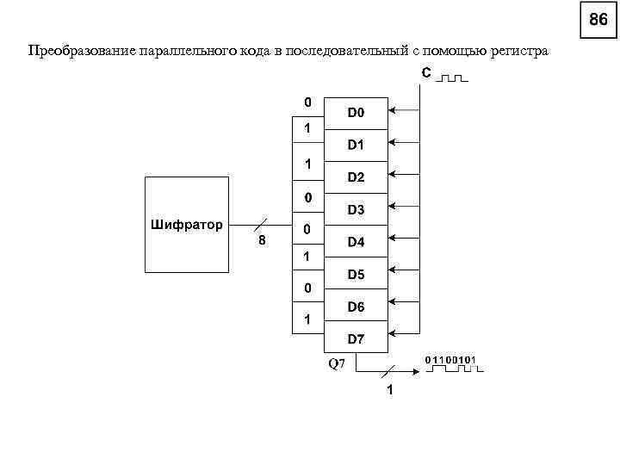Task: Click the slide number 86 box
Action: coord(598,20)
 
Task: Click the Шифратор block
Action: coord(186,225)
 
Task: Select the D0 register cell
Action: coord(356,112)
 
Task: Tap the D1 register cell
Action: coord(356,145)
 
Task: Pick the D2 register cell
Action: coord(356,177)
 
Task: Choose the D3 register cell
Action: coord(356,209)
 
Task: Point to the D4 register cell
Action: coord(356,242)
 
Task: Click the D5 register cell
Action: coord(356,275)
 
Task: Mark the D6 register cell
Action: coord(356,307)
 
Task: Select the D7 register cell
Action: coord(356,339)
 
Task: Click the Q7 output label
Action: coord(336,363)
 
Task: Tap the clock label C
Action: coord(426,73)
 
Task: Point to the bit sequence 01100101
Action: coord(451,358)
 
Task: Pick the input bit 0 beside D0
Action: coord(307,102)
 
